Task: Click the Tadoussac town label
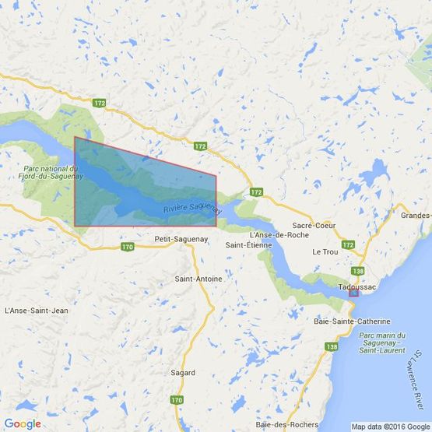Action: (357, 286)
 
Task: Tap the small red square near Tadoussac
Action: (353, 293)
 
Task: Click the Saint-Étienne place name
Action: (248, 245)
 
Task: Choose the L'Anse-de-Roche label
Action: (278, 235)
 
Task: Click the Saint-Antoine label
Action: (198, 279)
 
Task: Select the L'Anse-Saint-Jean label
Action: (37, 311)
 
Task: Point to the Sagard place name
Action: (184, 373)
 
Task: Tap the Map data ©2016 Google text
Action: (390, 427)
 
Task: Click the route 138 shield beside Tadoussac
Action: (357, 270)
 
